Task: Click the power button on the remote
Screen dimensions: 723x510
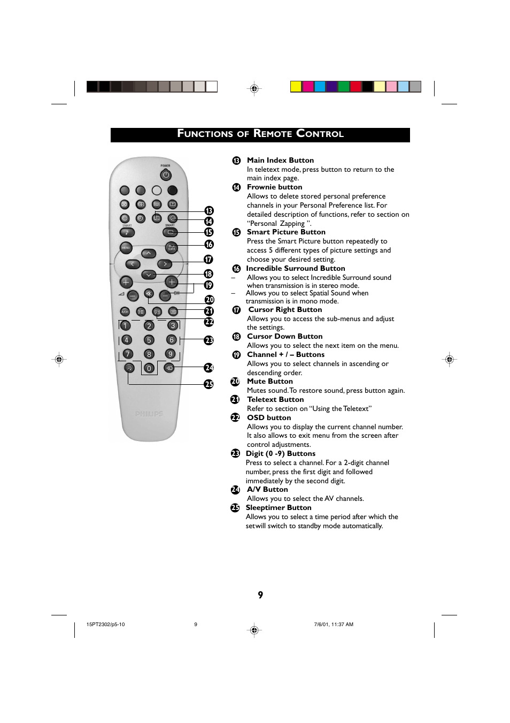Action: click(x=166, y=175)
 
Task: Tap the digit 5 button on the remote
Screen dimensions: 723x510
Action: click(x=149, y=340)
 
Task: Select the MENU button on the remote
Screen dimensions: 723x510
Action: click(x=126, y=248)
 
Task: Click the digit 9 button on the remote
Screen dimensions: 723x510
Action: click(x=171, y=354)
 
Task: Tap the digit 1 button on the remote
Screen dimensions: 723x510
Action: click(x=125, y=325)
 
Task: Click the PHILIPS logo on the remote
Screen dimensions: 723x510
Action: click(x=149, y=414)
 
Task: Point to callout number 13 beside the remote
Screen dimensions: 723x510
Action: click(x=209, y=211)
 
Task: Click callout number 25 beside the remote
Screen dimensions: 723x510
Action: click(x=209, y=384)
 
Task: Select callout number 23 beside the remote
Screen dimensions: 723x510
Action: click(x=209, y=340)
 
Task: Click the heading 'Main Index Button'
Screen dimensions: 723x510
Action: click(x=280, y=160)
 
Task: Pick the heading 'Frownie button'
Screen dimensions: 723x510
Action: click(x=274, y=187)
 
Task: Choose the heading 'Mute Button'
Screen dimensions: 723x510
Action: click(x=269, y=381)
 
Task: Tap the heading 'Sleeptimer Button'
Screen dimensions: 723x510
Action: click(x=278, y=507)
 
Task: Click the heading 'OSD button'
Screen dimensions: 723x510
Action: click(x=269, y=417)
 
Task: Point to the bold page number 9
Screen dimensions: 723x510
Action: click(x=260, y=595)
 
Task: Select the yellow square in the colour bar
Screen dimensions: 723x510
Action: click(x=296, y=87)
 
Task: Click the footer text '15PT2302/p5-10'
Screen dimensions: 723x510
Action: click(x=105, y=625)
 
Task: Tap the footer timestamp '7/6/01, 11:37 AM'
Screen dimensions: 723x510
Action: click(x=334, y=625)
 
